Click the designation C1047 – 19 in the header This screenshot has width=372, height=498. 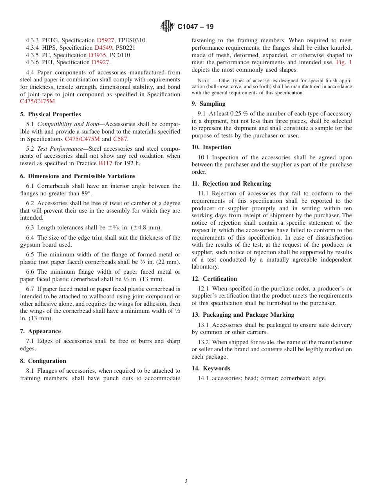click(x=195, y=27)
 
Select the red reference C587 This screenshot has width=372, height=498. click(x=120, y=139)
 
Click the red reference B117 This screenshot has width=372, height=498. click(x=105, y=163)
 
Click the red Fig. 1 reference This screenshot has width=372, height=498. click(x=344, y=62)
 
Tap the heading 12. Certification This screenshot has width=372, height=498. click(x=214, y=279)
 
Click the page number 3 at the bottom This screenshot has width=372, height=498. click(x=186, y=481)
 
